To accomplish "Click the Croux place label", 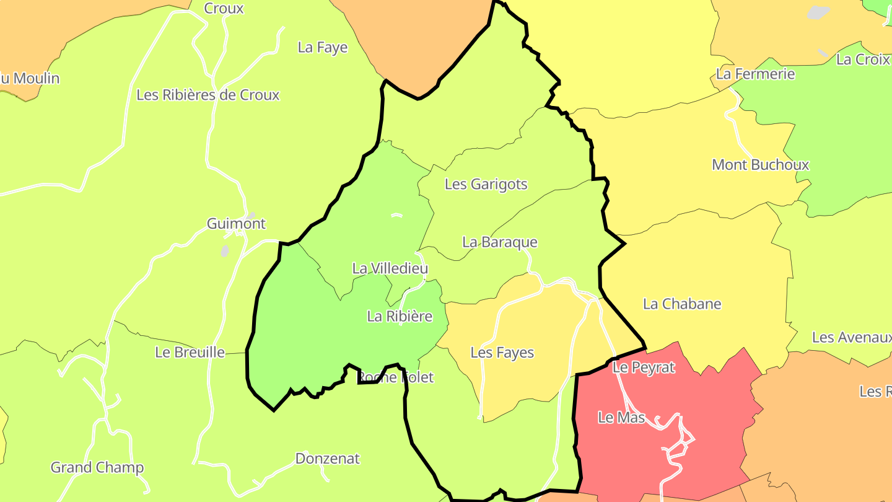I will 224,9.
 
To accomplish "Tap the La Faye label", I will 323,48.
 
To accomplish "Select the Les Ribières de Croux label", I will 208,95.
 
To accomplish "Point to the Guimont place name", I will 236,224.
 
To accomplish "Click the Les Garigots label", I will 486,184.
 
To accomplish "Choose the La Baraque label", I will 500,242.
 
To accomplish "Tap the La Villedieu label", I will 390,268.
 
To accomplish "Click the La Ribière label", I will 400,316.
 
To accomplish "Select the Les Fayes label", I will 502,353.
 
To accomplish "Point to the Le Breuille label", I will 190,353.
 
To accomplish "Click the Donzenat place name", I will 328,459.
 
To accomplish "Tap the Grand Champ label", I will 97,468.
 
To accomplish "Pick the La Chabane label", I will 682,304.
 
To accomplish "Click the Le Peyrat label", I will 644,368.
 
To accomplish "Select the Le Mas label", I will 621,418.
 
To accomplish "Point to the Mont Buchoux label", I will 761,165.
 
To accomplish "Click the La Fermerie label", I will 755,74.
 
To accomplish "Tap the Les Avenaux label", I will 852,338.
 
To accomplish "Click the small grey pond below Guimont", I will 225,251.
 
